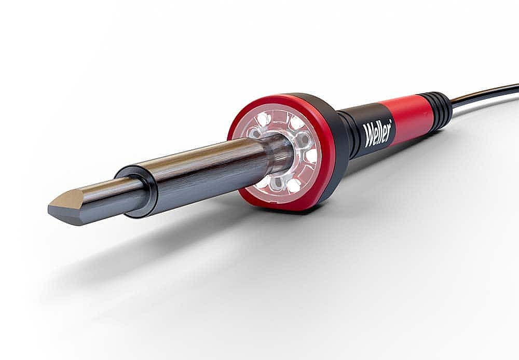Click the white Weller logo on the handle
[378, 133]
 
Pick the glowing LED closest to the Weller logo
[311, 156]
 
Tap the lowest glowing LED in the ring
[293, 186]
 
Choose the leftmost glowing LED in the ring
[263, 118]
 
